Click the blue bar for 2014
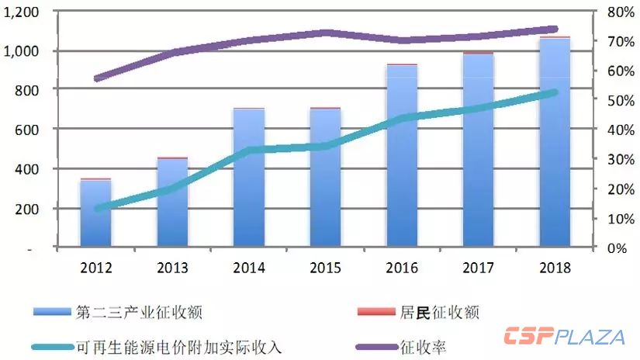(249, 178)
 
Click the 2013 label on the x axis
(172, 268)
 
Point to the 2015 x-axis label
(325, 268)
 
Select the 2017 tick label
(479, 268)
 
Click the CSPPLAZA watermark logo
(564, 337)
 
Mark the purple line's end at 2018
(554, 29)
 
